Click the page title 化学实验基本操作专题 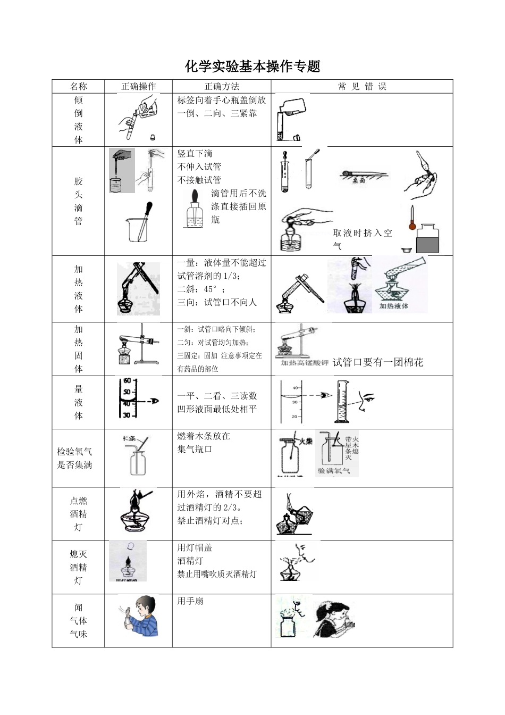[x=252, y=66]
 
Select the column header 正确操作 [x=138, y=87]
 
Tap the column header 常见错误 [x=362, y=87]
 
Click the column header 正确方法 [x=222, y=87]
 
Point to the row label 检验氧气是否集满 [x=75, y=458]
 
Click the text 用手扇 [x=190, y=601]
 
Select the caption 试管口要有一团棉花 [x=378, y=362]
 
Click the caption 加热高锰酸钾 [x=305, y=363]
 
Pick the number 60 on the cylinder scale [x=127, y=381]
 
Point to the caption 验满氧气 [x=334, y=471]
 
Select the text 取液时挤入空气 [x=362, y=239]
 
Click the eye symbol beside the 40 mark [x=325, y=395]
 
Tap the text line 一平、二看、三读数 [x=217, y=396]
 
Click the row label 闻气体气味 [x=78, y=620]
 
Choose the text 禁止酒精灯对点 [x=210, y=521]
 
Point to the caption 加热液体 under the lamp [x=394, y=306]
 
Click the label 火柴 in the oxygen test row [x=306, y=441]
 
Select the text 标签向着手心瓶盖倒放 [x=222, y=100]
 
